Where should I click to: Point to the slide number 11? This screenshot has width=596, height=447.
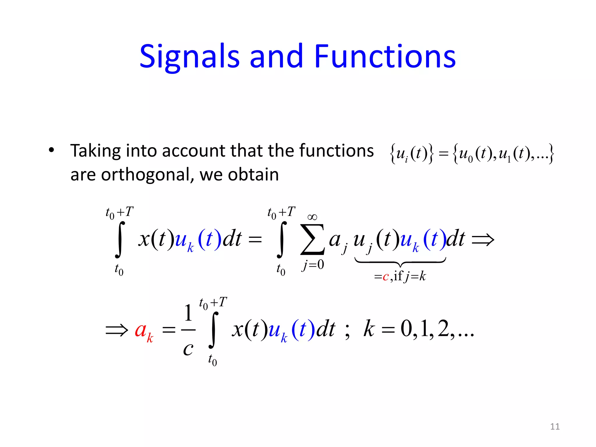(x=555, y=426)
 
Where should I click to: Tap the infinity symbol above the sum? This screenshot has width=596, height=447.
(x=312, y=217)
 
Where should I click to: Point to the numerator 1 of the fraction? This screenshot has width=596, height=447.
(x=188, y=313)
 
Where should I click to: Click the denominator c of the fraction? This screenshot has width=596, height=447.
(x=188, y=348)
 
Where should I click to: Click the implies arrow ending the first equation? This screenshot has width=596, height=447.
(x=483, y=240)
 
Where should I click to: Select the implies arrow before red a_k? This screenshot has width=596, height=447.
(x=117, y=330)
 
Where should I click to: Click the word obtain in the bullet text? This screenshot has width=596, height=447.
(x=253, y=175)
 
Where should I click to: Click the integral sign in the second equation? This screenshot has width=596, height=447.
(x=213, y=330)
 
